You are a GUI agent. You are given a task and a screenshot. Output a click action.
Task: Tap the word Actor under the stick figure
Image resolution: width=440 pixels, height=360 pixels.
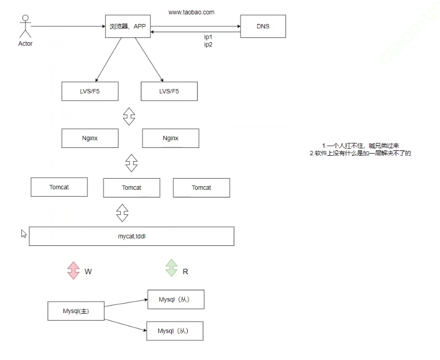pos(25,44)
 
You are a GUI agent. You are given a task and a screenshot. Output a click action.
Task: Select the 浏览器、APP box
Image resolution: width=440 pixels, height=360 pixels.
pos(127,26)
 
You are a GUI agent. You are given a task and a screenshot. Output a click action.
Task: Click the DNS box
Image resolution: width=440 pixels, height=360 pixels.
pos(262,26)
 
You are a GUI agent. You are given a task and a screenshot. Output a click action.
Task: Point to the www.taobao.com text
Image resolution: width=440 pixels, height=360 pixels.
pos(191,12)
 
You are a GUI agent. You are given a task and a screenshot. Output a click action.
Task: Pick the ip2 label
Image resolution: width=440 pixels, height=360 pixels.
pos(209,45)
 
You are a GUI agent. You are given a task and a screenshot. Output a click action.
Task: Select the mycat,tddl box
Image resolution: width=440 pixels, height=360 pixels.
pos(131,236)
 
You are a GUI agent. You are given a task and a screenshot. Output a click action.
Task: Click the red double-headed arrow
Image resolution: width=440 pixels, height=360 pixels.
pos(74,269)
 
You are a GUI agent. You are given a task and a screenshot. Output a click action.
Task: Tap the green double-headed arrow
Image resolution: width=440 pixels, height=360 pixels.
pos(171,268)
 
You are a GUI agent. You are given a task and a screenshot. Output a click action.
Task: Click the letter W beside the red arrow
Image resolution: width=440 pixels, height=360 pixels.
pos(89,271)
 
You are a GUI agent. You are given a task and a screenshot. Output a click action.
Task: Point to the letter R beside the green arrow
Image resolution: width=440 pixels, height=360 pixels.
pos(185,271)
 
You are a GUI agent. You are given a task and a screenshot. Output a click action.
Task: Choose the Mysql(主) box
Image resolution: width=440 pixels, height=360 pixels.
pos(75,311)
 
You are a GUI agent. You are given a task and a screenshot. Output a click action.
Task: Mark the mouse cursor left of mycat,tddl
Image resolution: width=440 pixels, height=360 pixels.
pos(23,234)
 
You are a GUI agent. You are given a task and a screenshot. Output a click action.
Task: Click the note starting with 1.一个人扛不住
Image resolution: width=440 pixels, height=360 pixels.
pos(361,146)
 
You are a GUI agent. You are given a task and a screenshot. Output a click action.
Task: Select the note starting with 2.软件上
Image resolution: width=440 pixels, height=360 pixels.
pos(361,154)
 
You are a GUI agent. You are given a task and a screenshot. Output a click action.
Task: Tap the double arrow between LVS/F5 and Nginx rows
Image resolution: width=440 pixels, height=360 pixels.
pos(129,116)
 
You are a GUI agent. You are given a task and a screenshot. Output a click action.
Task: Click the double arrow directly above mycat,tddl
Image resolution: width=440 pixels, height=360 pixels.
pos(123,212)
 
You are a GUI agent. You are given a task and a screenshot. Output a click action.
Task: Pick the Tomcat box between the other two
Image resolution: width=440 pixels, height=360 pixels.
pos(131,188)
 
